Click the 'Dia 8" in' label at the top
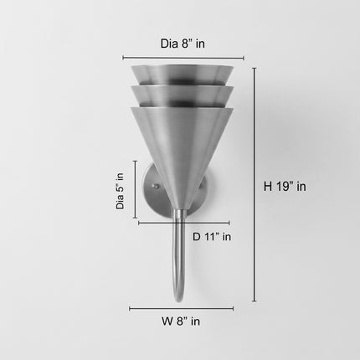(x=183, y=44)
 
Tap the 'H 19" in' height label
(x=285, y=187)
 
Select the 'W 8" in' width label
(x=181, y=321)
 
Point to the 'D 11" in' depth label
(x=212, y=237)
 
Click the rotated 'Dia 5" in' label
(x=120, y=191)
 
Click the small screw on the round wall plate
(x=156, y=186)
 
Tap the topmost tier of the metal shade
(x=183, y=75)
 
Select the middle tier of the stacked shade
(x=183, y=96)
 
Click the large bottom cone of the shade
(x=182, y=151)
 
